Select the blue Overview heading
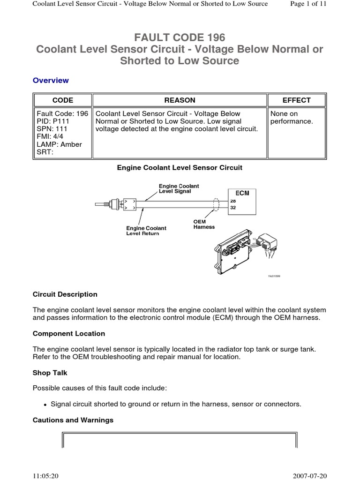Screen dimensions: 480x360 click(x=51, y=80)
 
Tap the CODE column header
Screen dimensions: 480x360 click(x=62, y=100)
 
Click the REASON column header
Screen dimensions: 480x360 click(x=180, y=100)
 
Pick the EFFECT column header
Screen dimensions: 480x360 click(x=296, y=100)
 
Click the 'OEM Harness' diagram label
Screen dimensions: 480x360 click(x=204, y=224)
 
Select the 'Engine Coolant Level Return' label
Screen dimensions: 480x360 click(x=146, y=231)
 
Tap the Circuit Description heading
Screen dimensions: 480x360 click(x=65, y=294)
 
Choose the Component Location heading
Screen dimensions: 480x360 click(x=69, y=334)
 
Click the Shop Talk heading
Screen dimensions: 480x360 click(x=50, y=373)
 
